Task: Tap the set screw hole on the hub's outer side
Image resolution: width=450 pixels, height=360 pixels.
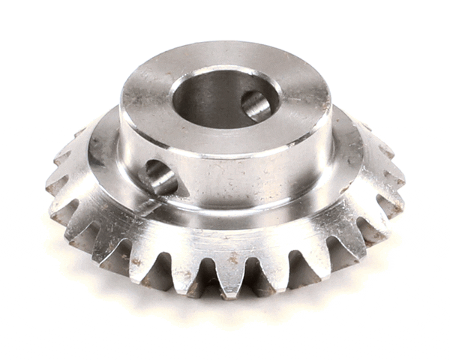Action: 160,177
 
